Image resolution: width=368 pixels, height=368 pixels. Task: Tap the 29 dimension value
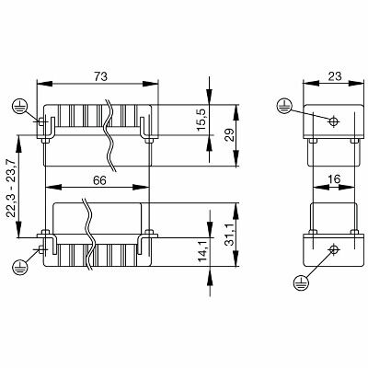(229, 134)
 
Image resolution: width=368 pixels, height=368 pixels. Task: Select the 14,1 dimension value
(202, 250)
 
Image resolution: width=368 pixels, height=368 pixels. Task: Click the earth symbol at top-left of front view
(19, 106)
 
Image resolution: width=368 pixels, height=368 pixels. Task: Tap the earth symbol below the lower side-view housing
(301, 282)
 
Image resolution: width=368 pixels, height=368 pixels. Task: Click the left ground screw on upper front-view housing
(41, 121)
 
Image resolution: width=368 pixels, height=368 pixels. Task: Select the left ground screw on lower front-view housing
(41, 247)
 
